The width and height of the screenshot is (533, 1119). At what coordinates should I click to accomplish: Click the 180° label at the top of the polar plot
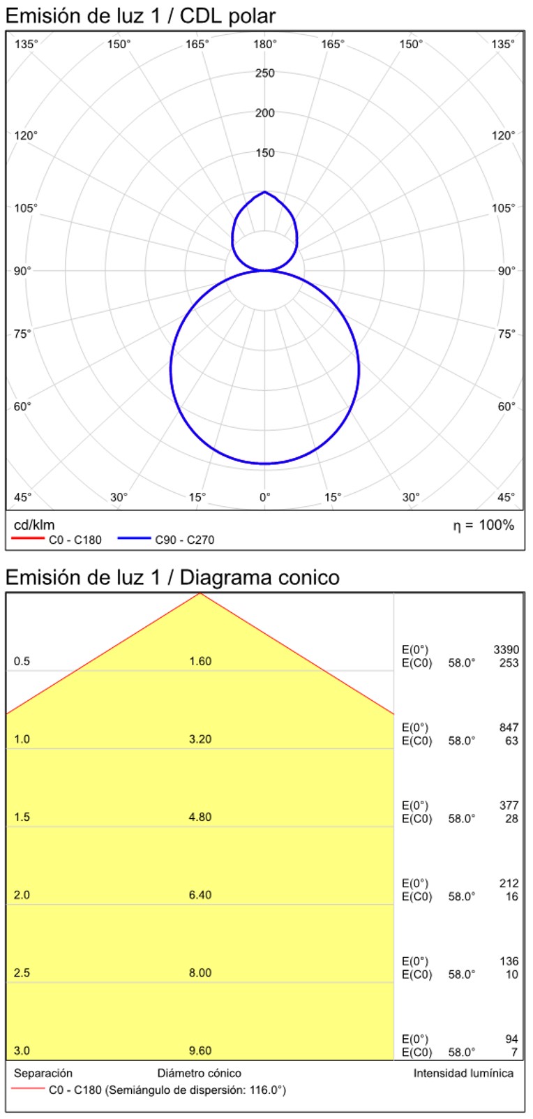point(265,45)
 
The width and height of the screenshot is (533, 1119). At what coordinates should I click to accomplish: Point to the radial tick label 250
point(265,73)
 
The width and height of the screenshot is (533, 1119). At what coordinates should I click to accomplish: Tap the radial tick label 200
point(265,113)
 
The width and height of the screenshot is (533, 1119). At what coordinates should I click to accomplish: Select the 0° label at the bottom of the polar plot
point(265,498)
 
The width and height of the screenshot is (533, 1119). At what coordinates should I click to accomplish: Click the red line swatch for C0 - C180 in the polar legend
point(28,540)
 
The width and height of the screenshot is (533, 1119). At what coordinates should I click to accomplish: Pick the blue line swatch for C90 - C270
point(134,540)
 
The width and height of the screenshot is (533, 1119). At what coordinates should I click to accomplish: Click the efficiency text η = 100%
point(483,526)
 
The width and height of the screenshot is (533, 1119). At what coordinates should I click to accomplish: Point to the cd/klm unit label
point(34,525)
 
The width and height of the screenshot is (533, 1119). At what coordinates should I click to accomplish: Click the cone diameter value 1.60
point(200,662)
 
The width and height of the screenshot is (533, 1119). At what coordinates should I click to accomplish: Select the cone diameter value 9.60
point(200,1051)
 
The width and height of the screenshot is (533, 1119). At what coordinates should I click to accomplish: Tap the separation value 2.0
point(22,895)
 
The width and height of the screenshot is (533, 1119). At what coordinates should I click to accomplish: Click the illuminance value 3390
point(506,650)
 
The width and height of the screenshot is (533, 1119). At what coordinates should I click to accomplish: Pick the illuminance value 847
point(509,727)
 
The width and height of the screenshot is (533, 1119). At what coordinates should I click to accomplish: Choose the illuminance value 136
point(509,961)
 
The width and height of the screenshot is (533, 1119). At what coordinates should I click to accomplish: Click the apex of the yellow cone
point(200,594)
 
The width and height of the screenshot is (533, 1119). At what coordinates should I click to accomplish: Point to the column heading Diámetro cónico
point(200,1074)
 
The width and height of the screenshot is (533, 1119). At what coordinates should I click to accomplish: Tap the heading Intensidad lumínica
point(463,1074)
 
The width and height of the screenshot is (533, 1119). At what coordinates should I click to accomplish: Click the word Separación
point(43,1074)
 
